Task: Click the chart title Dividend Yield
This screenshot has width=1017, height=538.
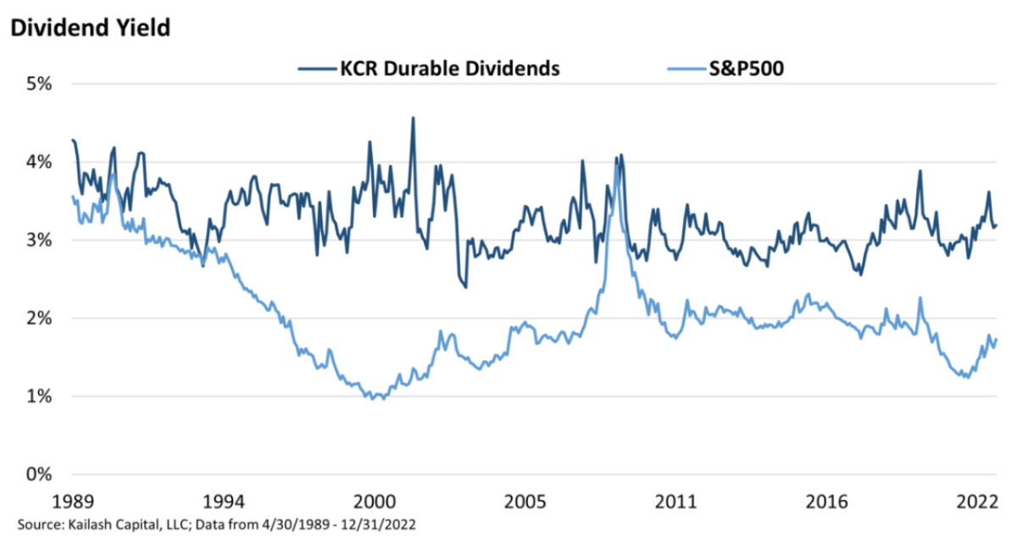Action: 90,27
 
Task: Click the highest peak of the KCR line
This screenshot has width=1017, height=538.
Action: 413,118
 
